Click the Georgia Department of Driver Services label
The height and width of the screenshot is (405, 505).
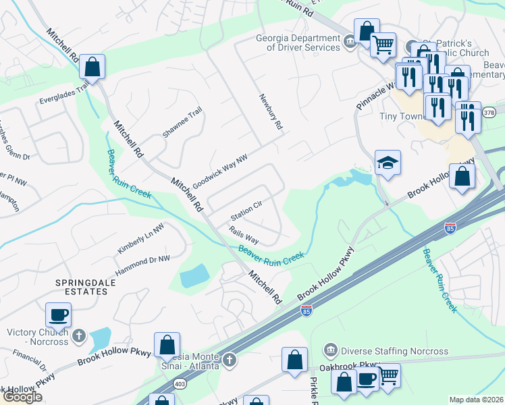[x=298, y=43]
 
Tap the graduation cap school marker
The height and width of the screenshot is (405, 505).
[x=388, y=163]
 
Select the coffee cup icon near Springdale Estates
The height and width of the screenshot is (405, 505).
[x=59, y=315]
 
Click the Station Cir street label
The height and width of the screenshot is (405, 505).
[x=246, y=211]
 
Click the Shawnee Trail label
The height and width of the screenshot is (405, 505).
[x=182, y=122]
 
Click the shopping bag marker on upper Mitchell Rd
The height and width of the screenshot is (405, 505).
[x=92, y=67]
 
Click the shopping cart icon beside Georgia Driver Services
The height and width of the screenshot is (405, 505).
[x=383, y=45]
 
